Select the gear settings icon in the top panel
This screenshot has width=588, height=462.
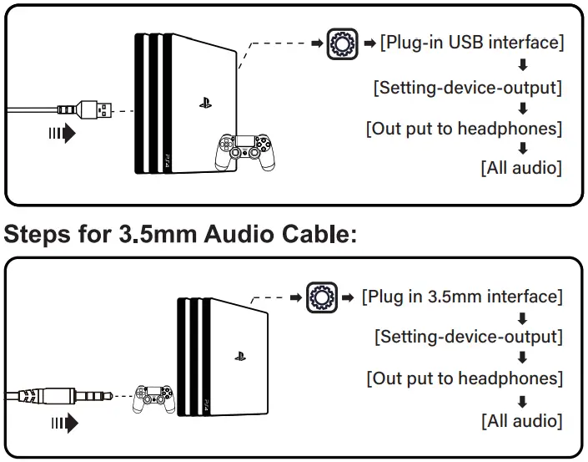(x=339, y=43)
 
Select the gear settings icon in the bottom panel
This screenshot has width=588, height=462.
(x=321, y=297)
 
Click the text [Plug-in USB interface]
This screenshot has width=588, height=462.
(x=471, y=43)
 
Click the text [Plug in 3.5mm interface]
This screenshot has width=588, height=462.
(x=462, y=297)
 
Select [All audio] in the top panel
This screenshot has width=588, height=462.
(x=521, y=168)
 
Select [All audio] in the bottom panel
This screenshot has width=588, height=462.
(x=521, y=420)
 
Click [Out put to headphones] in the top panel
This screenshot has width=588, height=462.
(x=464, y=129)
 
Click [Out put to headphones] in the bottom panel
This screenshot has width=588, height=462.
(x=465, y=378)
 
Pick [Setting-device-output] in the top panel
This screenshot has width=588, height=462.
(x=468, y=87)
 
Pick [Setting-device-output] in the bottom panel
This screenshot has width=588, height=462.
(x=468, y=337)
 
